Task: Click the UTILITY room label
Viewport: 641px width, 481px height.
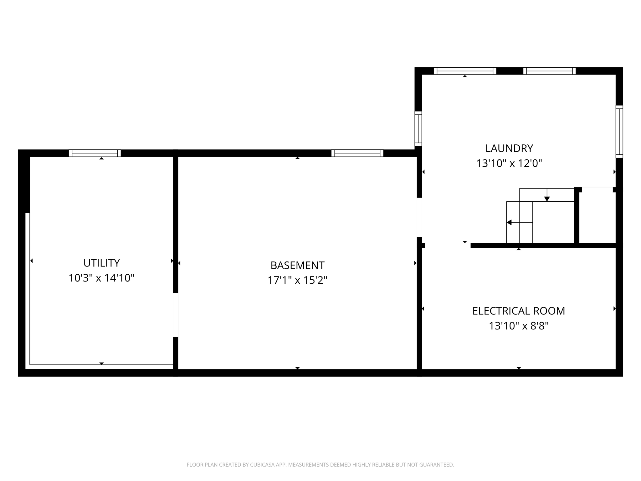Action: (x=101, y=263)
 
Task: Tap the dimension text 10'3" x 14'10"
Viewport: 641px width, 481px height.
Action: (x=101, y=278)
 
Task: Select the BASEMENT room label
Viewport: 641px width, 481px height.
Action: (x=297, y=265)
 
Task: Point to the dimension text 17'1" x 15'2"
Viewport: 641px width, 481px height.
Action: (x=297, y=280)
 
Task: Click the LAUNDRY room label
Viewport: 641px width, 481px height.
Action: (x=509, y=148)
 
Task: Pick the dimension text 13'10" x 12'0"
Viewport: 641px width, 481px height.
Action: (x=509, y=163)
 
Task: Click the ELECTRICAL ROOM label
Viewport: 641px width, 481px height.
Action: (x=519, y=311)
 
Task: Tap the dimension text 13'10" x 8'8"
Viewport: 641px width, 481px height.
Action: (x=519, y=326)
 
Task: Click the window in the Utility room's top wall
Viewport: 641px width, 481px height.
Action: (x=95, y=153)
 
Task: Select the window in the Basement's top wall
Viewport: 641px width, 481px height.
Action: (x=357, y=153)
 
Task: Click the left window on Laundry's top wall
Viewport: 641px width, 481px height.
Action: (x=465, y=71)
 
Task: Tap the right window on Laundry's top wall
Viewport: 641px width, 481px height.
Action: (x=549, y=71)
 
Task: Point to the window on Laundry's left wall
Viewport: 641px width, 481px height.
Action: (x=418, y=129)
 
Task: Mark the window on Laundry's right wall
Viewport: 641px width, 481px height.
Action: (x=619, y=132)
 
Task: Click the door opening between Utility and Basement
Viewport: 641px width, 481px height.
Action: (x=176, y=315)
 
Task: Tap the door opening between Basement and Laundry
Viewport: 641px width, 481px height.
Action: (x=419, y=217)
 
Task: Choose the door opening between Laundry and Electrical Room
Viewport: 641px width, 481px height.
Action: (x=448, y=246)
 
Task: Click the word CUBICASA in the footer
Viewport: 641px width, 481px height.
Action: (x=261, y=465)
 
